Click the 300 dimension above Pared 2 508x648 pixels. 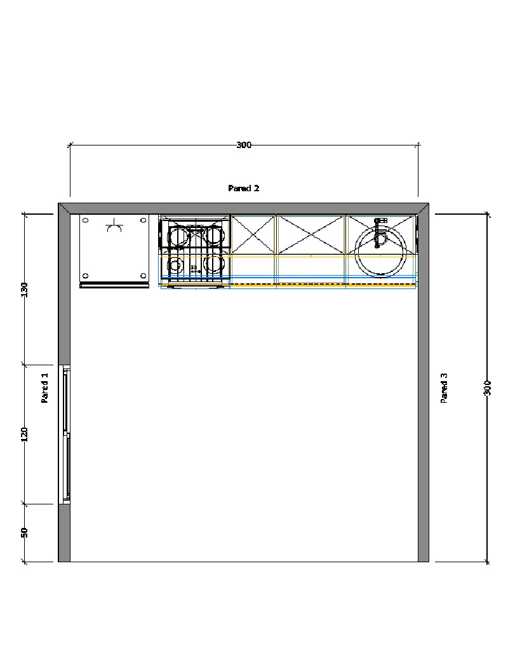point(244,145)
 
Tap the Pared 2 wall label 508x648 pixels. point(244,189)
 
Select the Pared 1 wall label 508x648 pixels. point(44,388)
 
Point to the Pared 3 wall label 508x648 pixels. point(444,388)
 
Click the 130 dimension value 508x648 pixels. point(24,290)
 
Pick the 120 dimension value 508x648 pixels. point(24,435)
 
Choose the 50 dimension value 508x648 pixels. point(24,533)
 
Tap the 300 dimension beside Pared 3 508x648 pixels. point(487,388)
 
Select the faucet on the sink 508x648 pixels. point(378,233)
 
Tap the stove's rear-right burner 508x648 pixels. point(215,236)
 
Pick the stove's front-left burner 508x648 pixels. point(175,266)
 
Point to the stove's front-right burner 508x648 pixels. point(214,264)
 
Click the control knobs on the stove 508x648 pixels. point(194,269)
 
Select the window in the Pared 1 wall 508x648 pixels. point(65,435)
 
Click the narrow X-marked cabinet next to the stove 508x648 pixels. point(253,234)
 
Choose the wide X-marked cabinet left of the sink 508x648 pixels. point(311,234)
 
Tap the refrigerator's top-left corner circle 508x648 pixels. point(86,220)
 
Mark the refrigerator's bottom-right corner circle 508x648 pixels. point(144,276)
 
